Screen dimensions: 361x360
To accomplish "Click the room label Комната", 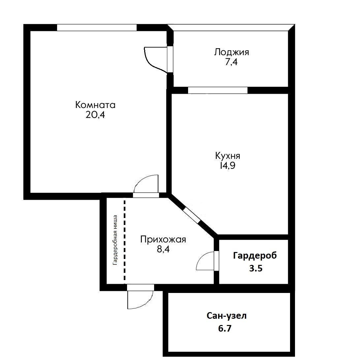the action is (x=95, y=105).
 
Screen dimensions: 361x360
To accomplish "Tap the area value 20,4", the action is (x=95, y=115).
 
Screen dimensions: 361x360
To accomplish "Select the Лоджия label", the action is (x=231, y=52).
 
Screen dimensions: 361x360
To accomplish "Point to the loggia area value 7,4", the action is (x=231, y=62).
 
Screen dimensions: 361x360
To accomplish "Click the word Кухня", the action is (x=228, y=156).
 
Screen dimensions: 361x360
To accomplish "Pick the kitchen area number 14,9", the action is (x=228, y=166).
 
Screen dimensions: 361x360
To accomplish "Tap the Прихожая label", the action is (x=163, y=240).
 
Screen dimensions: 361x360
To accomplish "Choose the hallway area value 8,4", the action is (x=163, y=249).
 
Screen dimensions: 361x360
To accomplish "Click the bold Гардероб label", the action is (x=255, y=256).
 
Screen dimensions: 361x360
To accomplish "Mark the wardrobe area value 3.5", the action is (x=256, y=269).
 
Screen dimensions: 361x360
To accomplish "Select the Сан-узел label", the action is (x=227, y=316).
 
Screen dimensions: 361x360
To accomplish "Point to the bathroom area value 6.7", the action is (x=225, y=328).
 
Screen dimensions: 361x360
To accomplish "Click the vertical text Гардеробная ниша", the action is (x=115, y=240).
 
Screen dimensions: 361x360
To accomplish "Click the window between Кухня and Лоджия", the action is (x=218, y=90).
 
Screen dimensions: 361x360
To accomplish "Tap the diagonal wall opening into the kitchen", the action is (x=191, y=215).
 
